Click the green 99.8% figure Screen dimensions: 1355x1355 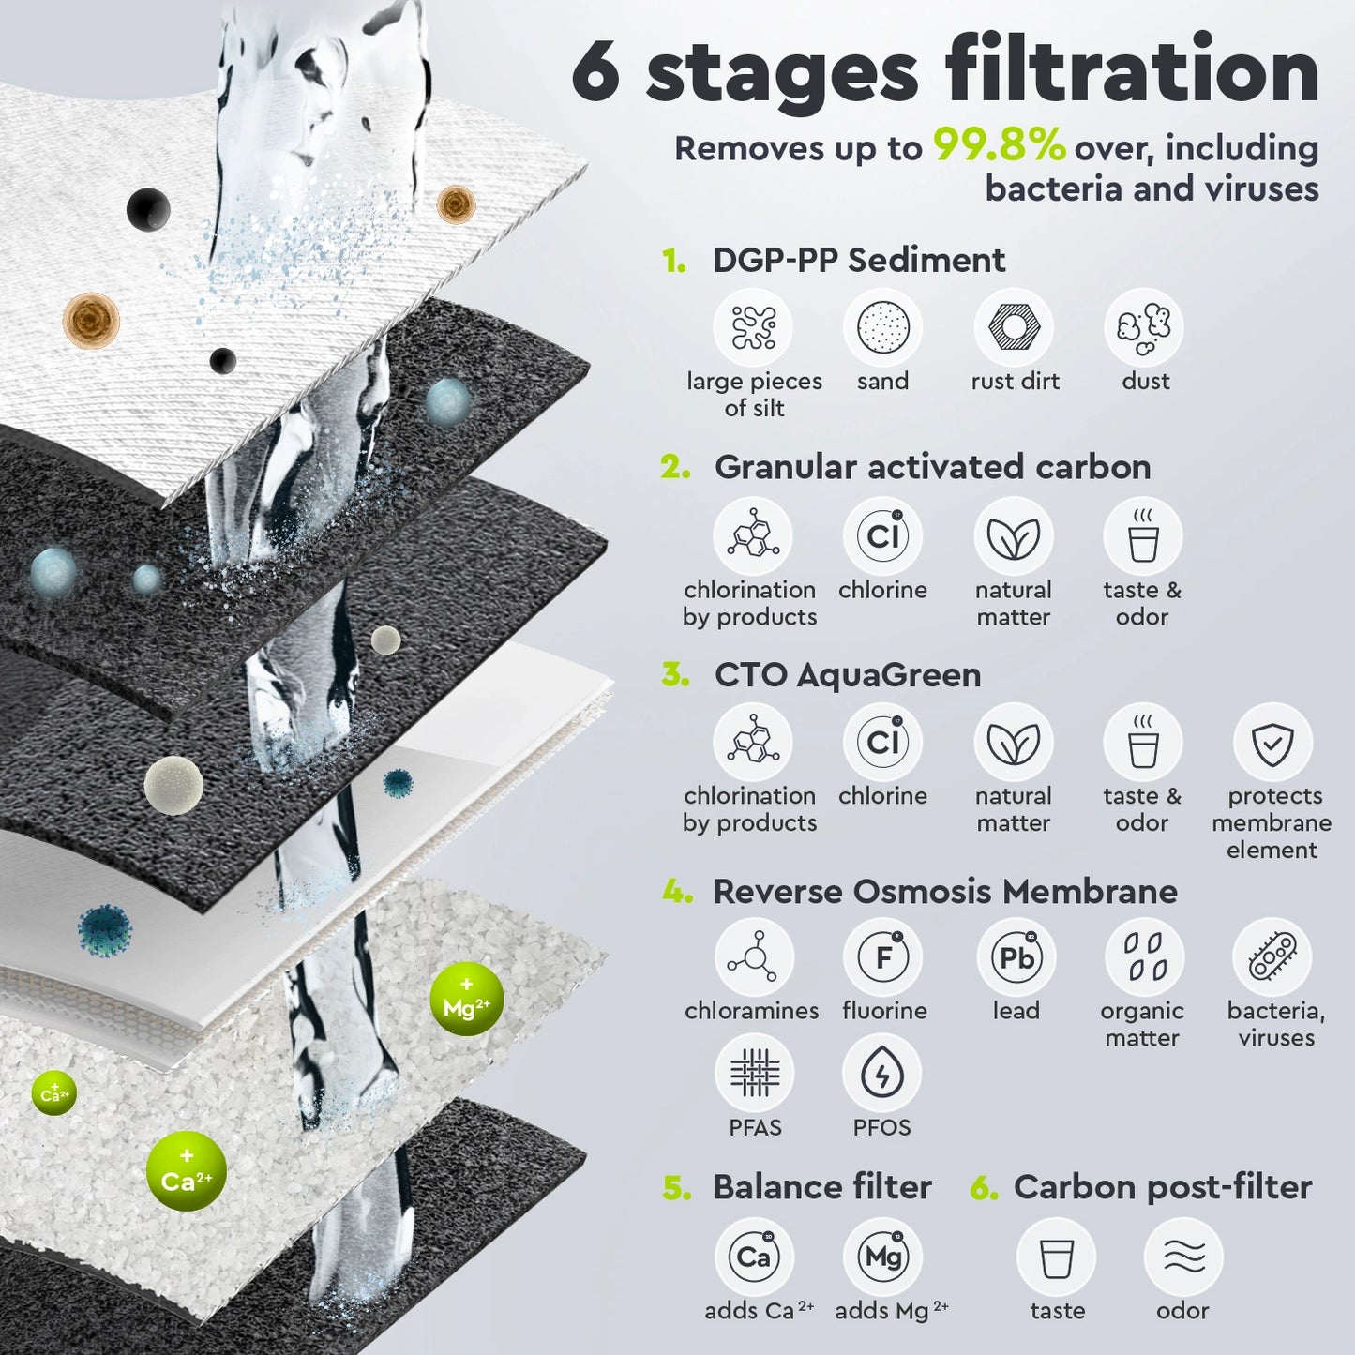point(999,146)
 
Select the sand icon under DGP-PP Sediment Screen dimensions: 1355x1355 point(882,328)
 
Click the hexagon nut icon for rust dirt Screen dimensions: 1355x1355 point(1013,328)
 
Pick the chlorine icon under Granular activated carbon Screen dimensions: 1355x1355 point(882,536)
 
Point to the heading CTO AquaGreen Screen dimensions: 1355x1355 point(847,674)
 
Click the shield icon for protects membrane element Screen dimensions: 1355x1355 point(1272,743)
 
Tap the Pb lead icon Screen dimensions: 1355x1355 point(1016,957)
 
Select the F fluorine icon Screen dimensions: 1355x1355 point(882,957)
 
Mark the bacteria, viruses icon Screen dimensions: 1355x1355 point(1272,957)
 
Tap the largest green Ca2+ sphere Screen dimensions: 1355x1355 point(186,1171)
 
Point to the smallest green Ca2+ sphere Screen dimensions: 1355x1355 point(53,1093)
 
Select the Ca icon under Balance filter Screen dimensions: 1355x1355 point(754,1257)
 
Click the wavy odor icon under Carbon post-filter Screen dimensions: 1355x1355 point(1183,1257)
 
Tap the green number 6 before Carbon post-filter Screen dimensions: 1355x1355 point(984,1188)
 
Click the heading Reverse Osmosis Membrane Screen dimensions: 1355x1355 point(944,891)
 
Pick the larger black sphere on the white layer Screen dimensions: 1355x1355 point(148,208)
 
